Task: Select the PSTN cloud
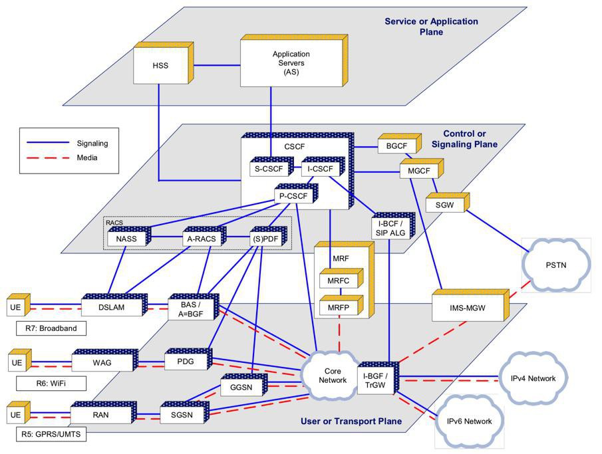556,265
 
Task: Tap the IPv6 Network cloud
469,421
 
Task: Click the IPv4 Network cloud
533,378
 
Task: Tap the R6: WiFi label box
51,383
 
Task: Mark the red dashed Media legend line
48,158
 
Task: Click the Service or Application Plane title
431,27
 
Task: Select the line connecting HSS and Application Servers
217,65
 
